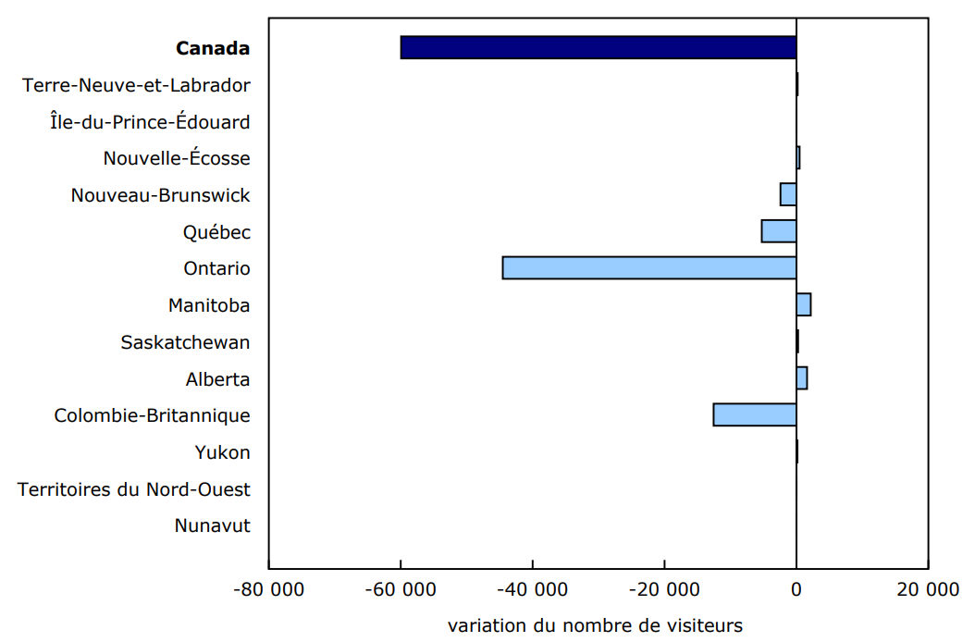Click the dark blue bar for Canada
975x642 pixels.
598,47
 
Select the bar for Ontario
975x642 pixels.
648,268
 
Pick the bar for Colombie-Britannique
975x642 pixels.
754,415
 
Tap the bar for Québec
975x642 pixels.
778,231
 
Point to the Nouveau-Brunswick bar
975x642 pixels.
787,194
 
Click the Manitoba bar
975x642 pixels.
804,304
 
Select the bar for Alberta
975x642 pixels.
802,378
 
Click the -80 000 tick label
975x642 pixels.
269,590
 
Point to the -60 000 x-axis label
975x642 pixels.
401,590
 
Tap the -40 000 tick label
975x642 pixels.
533,590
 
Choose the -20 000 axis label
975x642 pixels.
664,590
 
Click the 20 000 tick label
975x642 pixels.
928,590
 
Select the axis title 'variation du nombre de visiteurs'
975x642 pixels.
595,625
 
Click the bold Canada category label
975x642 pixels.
213,48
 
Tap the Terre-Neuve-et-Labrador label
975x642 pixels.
136,85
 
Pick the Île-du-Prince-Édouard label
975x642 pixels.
150,121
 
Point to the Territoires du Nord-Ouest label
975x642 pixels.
134,489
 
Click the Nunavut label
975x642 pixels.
212,526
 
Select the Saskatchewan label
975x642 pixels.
185,342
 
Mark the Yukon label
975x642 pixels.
222,452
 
